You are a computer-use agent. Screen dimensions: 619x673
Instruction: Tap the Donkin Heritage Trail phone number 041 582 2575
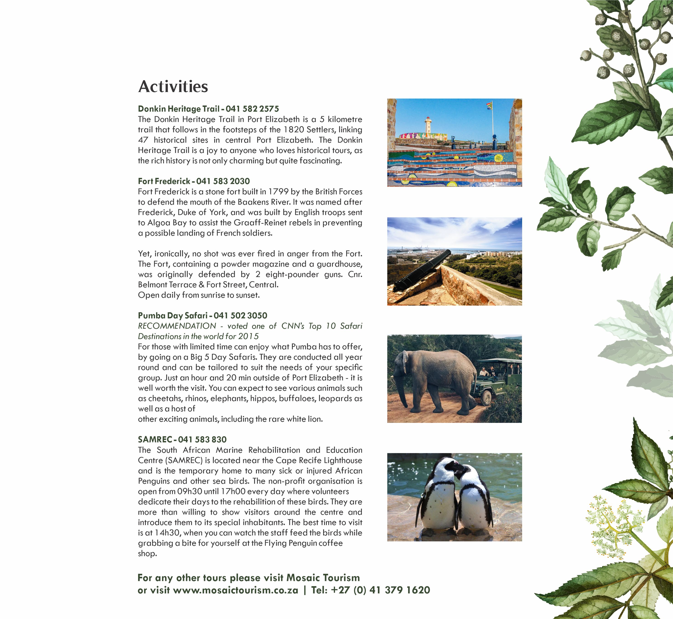point(252,109)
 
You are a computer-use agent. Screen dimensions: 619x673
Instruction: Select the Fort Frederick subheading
point(164,181)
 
